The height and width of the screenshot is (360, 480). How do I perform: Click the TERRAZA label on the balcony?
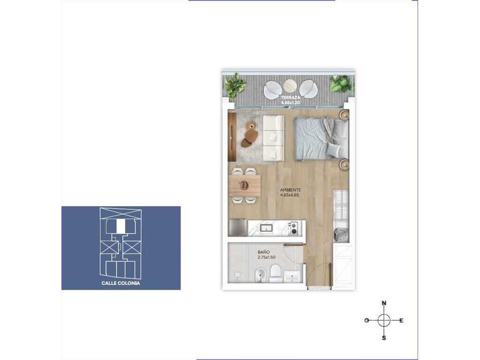(x=291, y=97)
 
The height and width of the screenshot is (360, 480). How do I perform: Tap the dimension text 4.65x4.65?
(x=289, y=195)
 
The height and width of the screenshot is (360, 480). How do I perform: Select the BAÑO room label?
(x=263, y=252)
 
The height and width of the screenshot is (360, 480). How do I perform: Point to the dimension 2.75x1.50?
(x=266, y=257)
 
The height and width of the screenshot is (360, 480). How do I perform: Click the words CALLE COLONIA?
(x=120, y=283)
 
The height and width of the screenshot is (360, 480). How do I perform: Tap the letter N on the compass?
(x=384, y=303)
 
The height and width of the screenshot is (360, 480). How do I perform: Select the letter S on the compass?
(x=384, y=338)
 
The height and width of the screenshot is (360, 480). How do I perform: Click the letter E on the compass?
(x=401, y=321)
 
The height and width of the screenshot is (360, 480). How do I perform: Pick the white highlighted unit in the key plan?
(x=121, y=226)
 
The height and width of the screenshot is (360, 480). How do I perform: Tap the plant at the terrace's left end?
(x=235, y=85)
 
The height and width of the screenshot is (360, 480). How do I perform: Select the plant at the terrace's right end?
(x=340, y=83)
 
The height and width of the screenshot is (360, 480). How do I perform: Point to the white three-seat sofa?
(x=274, y=138)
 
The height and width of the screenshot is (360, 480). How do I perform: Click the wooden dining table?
(x=244, y=185)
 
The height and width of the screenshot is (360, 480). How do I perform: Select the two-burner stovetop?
(x=294, y=228)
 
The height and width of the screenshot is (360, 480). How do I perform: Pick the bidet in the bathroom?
(x=260, y=275)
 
